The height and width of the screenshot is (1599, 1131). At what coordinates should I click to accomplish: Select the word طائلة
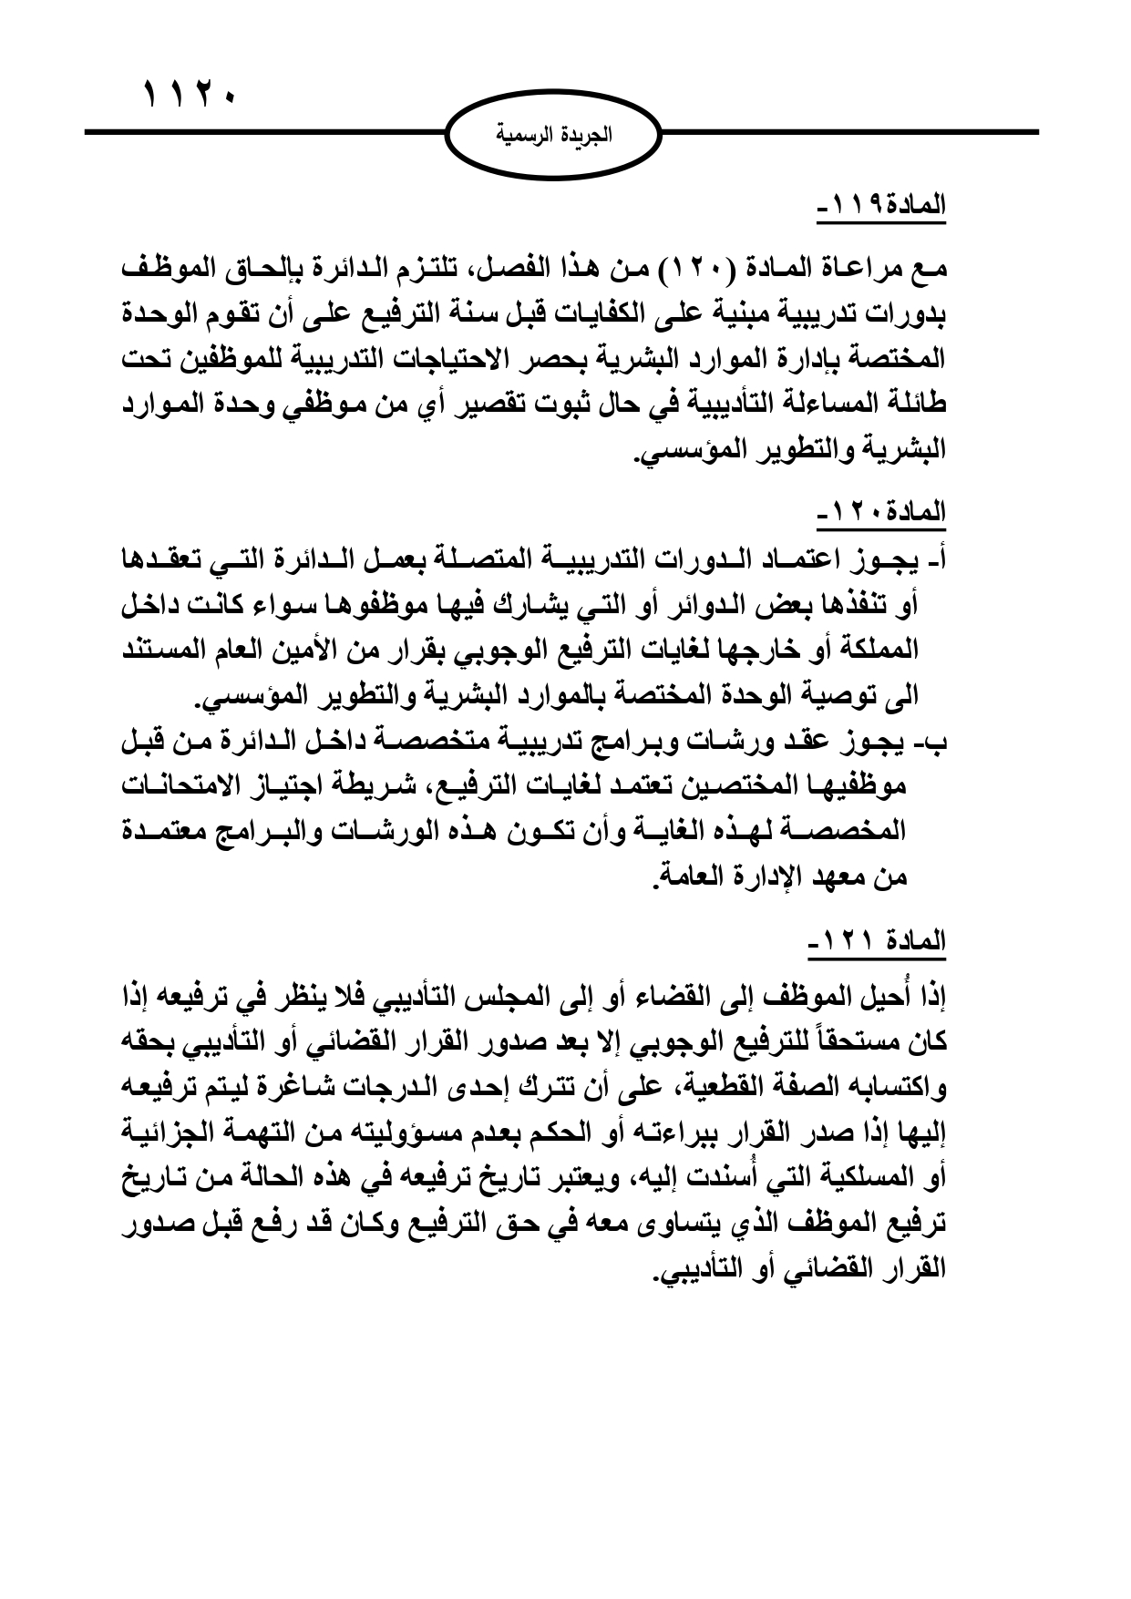click(x=918, y=405)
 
